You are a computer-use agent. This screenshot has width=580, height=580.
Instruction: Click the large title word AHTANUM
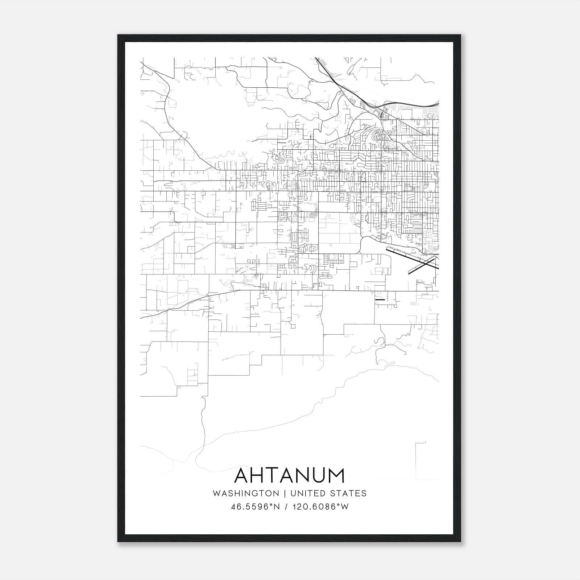(x=290, y=475)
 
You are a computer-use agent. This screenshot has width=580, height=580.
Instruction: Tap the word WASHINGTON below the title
(x=246, y=493)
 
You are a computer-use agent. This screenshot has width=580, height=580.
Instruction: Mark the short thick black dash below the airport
(x=380, y=300)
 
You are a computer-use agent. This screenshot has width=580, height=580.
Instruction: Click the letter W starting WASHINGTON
(x=216, y=493)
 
